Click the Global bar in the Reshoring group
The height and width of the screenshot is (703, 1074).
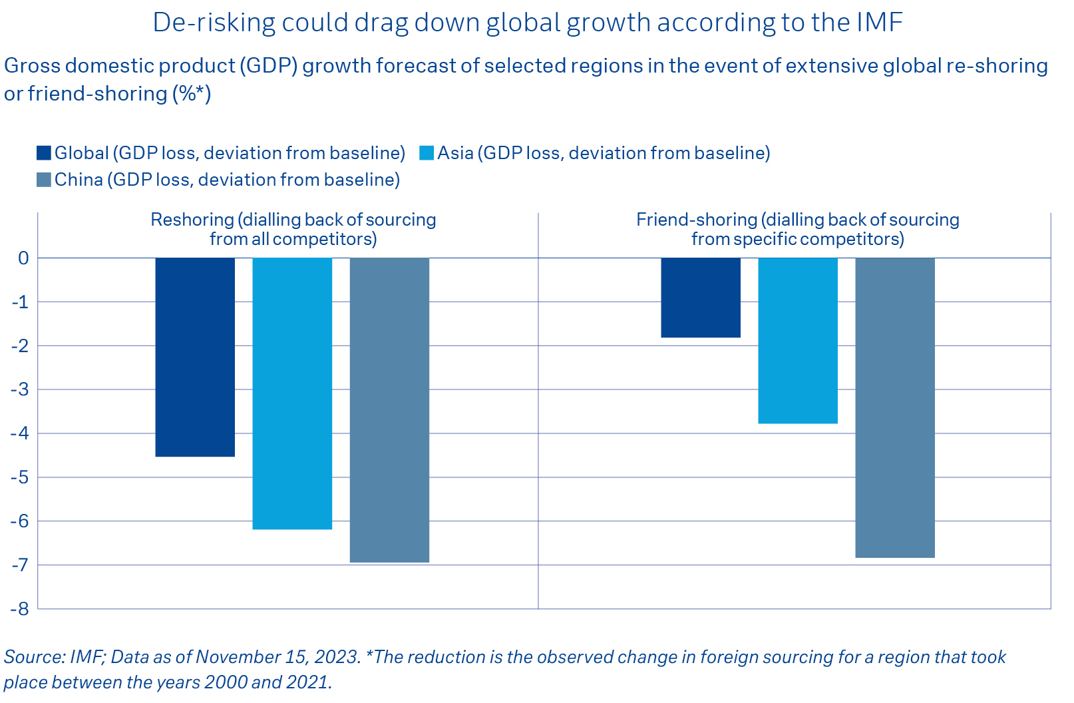point(195,357)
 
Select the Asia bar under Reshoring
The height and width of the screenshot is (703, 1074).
point(292,393)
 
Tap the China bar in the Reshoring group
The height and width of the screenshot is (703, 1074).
point(389,409)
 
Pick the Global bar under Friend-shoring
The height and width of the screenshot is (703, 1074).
point(701,298)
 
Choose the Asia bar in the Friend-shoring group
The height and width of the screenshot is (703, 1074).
point(798,340)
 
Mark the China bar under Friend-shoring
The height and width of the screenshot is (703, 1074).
point(895,407)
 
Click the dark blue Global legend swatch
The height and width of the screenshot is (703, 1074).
point(44,153)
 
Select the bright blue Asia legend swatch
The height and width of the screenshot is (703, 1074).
point(427,153)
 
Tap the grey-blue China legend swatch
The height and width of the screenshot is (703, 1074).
point(44,180)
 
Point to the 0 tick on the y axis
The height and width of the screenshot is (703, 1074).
point(24,258)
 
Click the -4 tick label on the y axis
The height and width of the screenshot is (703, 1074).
point(20,433)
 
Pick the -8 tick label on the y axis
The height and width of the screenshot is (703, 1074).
point(20,608)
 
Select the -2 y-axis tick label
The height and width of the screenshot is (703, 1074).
point(20,346)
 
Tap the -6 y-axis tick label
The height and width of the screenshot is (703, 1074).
point(20,521)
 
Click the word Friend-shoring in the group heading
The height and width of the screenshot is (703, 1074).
point(696,220)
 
